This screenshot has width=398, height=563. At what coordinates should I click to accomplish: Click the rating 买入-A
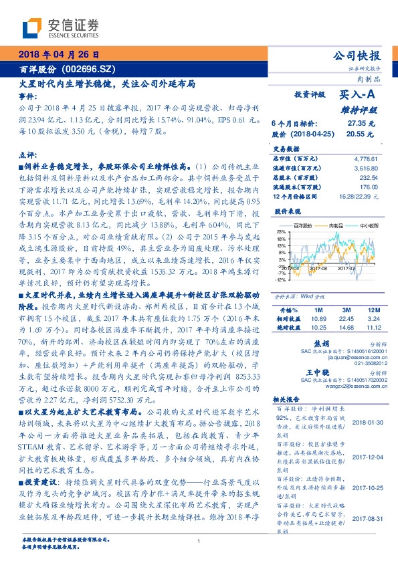click(355, 96)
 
